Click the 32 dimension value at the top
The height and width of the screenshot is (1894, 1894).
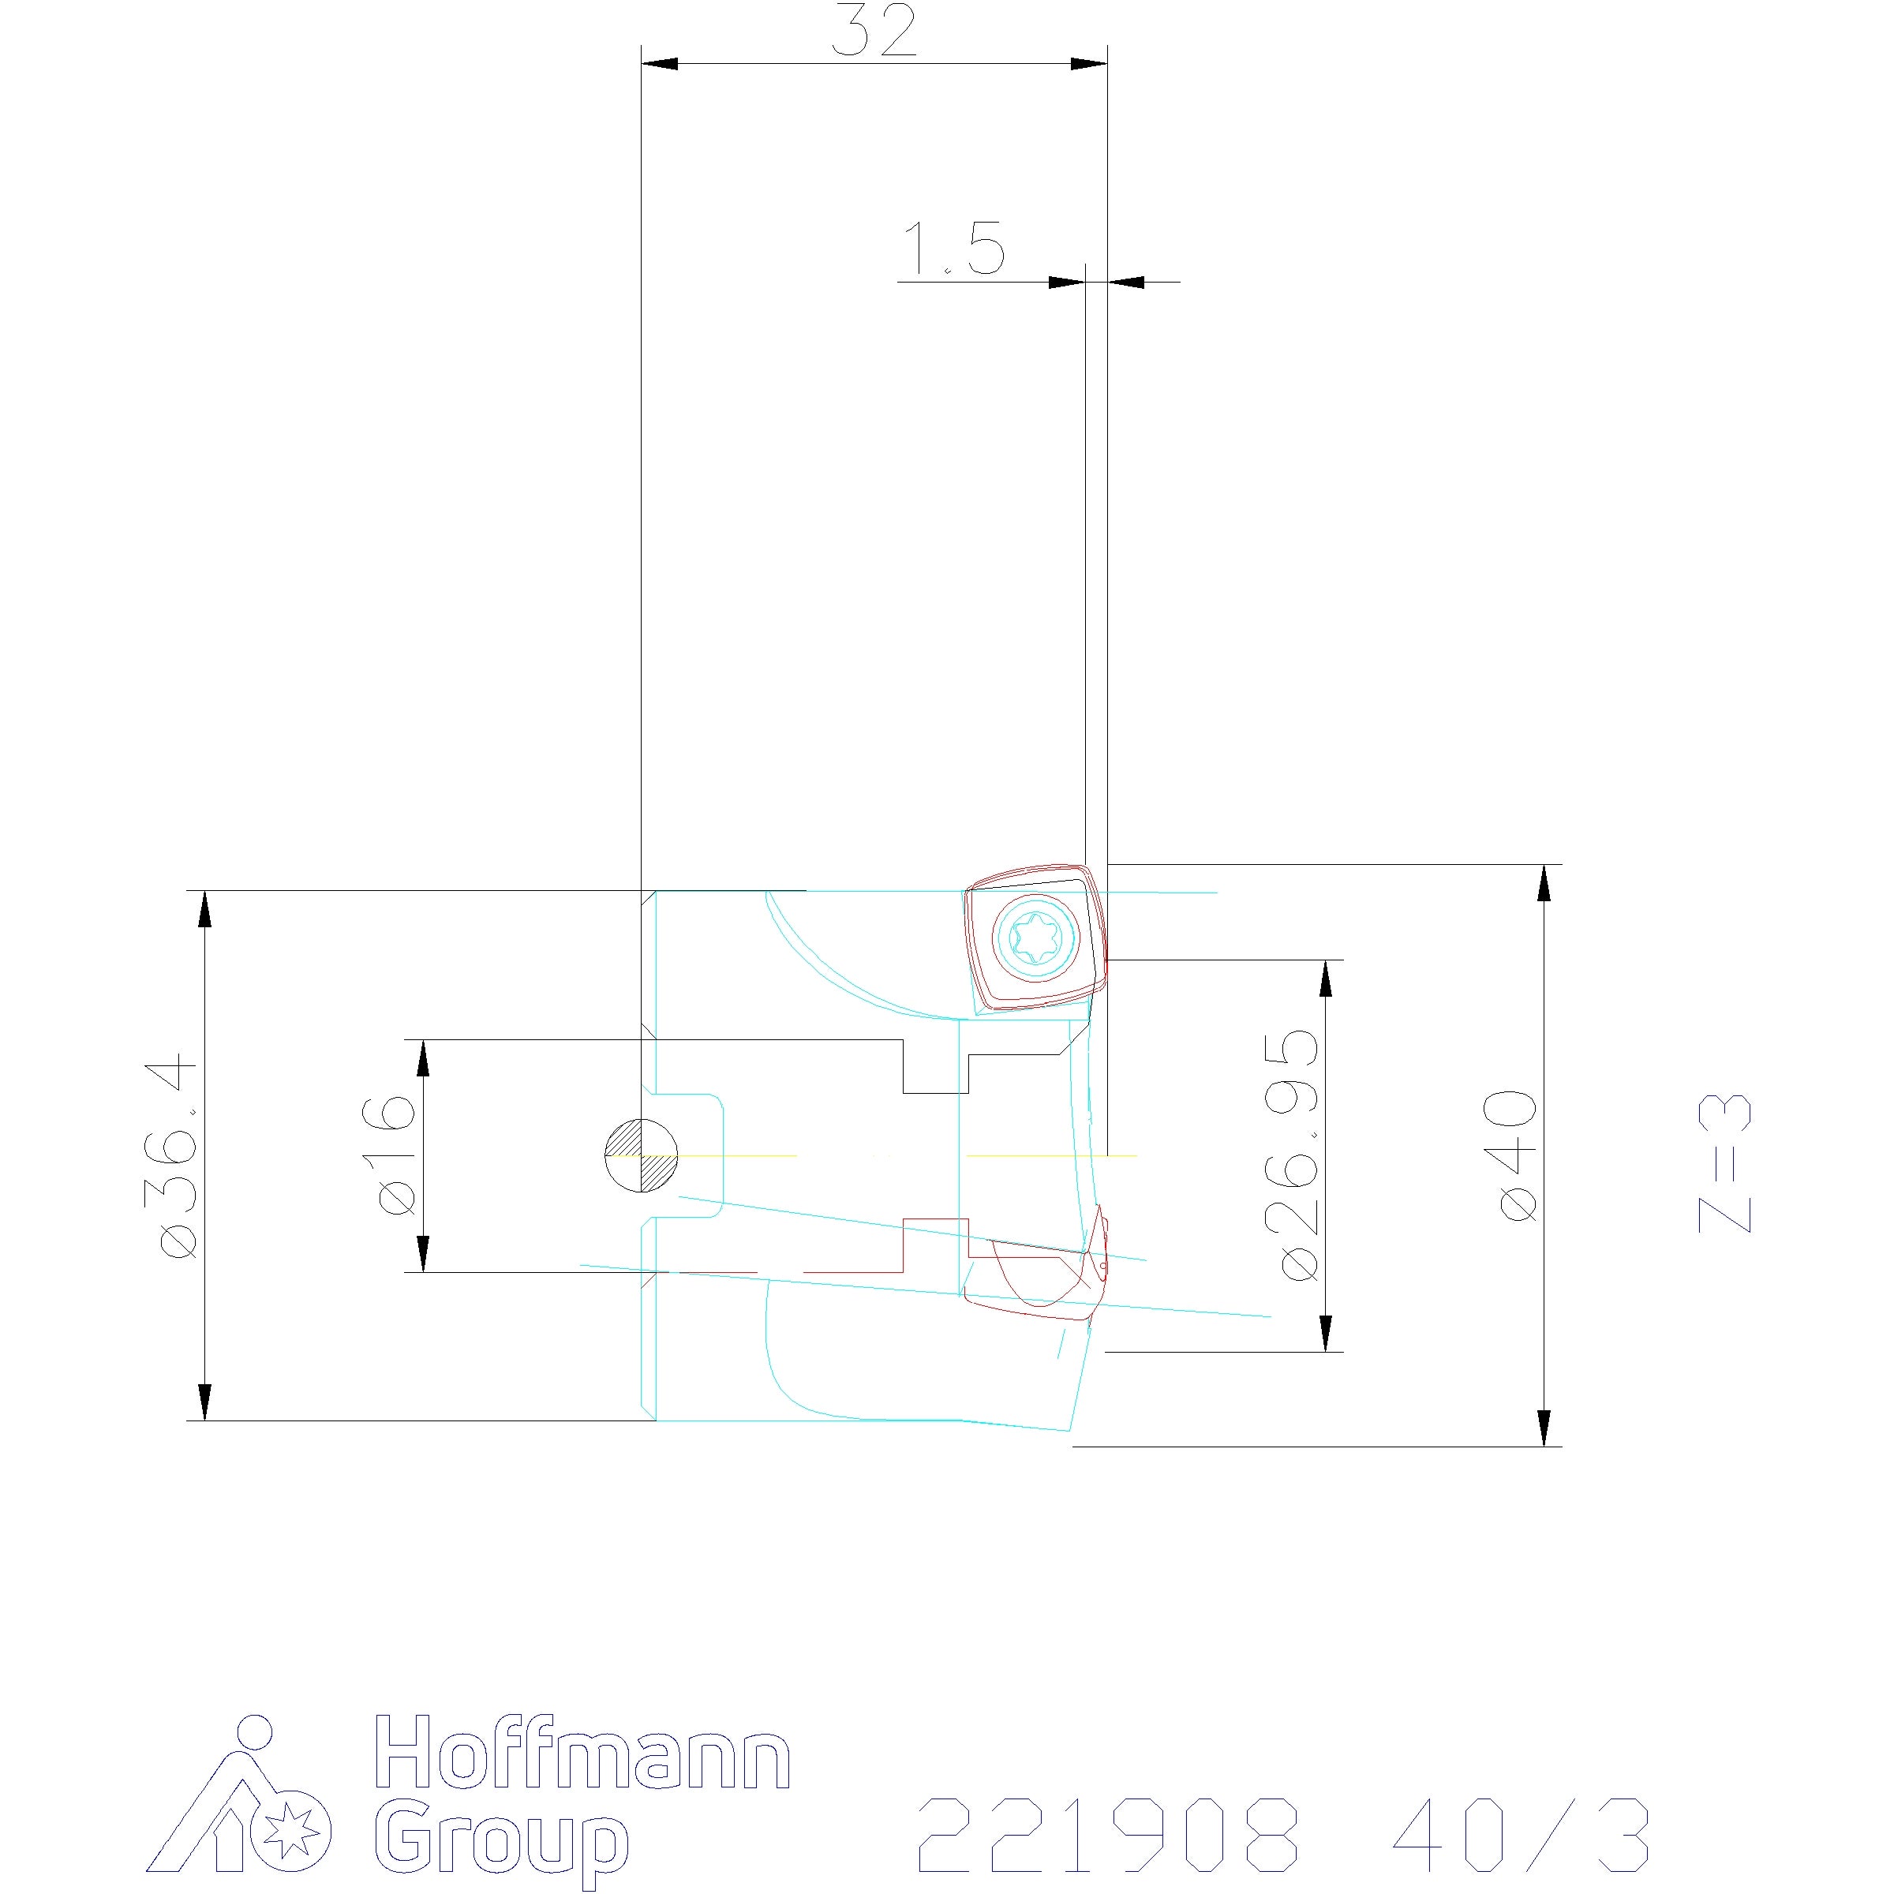[x=874, y=32]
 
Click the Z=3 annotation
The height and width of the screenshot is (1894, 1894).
[x=1724, y=1162]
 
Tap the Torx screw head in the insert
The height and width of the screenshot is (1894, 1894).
[x=1036, y=938]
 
